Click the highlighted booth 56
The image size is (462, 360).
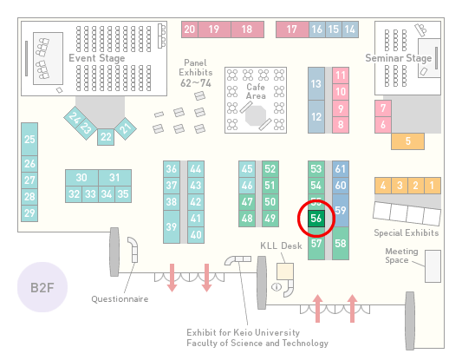tap(316, 219)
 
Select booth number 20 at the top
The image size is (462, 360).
tap(190, 29)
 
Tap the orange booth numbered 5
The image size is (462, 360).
tap(407, 141)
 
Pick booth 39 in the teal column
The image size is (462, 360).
tap(172, 226)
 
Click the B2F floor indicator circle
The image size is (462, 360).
tap(42, 287)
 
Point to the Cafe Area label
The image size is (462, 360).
tap(256, 91)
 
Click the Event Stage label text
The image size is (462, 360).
tap(97, 58)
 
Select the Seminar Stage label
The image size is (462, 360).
tap(399, 58)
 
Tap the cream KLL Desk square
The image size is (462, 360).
tap(285, 272)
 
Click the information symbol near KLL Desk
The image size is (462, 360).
tap(277, 286)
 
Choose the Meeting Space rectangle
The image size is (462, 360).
tap(433, 266)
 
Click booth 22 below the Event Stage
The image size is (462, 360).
tap(106, 137)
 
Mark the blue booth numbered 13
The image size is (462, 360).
tap(316, 84)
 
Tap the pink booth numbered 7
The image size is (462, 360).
tap(383, 108)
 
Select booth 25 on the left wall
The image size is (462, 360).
tap(29, 139)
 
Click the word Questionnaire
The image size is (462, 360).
tap(120, 299)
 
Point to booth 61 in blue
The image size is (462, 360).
tap(341, 169)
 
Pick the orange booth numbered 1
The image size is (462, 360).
tap(433, 186)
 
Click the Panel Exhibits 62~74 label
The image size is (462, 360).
tap(196, 73)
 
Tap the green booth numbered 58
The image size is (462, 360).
tap(341, 243)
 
